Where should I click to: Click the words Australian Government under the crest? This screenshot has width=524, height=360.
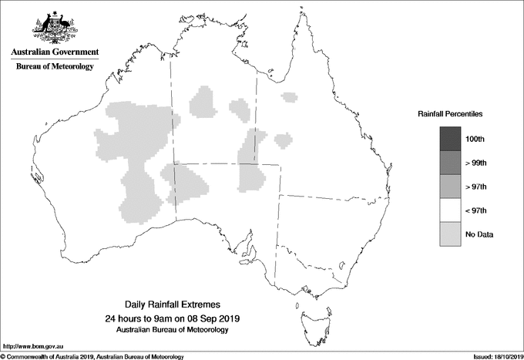[x=54, y=52]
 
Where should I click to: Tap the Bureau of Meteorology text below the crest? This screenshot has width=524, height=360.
[x=54, y=67]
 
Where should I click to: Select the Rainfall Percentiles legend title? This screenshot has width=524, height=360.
[x=450, y=113]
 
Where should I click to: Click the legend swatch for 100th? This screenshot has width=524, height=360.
[x=449, y=139]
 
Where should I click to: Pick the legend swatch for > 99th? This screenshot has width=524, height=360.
[x=449, y=163]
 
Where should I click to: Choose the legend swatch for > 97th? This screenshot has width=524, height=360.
[x=449, y=187]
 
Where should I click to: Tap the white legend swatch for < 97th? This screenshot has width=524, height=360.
[x=449, y=210]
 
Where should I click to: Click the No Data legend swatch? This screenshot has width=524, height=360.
[x=449, y=234]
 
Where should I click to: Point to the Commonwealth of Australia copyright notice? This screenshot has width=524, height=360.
[x=92, y=356]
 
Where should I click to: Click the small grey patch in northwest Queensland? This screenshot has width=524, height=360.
[x=289, y=97]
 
